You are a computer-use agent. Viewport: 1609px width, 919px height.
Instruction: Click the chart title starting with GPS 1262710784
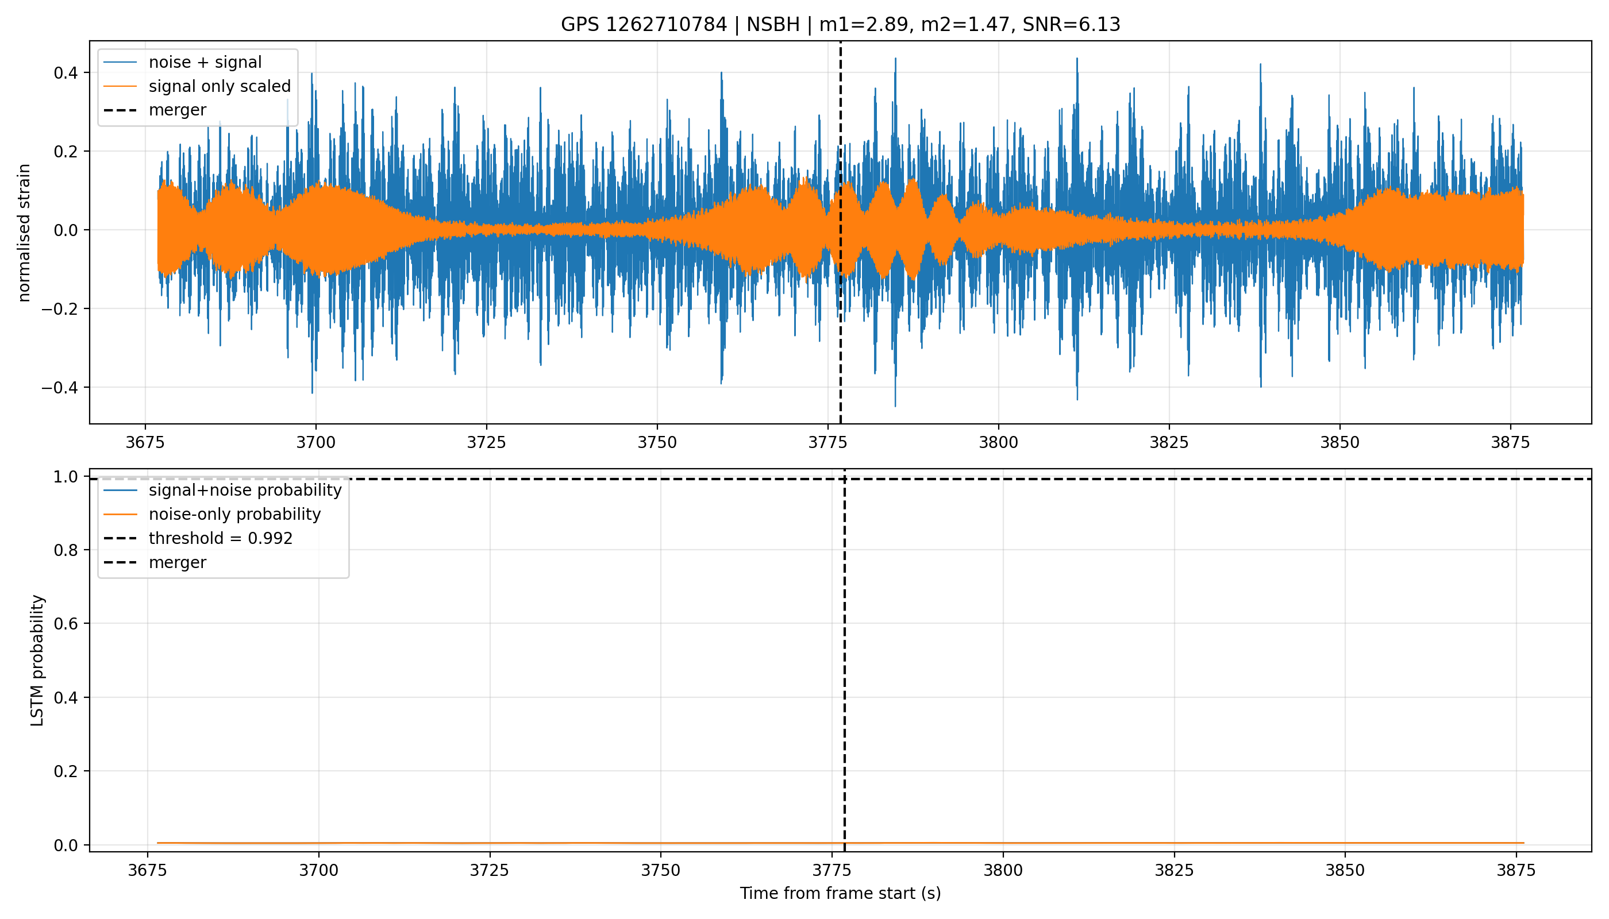pos(841,25)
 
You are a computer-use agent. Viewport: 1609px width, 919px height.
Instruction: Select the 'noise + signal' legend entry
pos(205,62)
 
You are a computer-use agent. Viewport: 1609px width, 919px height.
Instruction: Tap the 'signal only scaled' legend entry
pos(220,86)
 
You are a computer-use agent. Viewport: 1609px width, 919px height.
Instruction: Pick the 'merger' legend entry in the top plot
pos(178,110)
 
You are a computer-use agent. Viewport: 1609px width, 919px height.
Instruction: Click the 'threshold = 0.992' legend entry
pos(221,538)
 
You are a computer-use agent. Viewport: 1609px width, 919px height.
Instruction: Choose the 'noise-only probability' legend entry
pos(235,515)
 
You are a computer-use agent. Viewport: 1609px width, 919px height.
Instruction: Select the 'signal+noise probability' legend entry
pos(245,491)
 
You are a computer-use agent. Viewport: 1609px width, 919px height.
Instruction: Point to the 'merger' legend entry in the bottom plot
pos(178,562)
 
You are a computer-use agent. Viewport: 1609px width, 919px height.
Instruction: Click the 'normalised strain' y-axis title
pos(24,233)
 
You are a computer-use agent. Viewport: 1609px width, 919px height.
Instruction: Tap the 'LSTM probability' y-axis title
pos(37,660)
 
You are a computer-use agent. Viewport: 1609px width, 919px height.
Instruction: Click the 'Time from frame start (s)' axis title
pos(841,893)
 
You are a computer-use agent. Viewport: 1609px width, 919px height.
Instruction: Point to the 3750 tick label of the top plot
pos(657,442)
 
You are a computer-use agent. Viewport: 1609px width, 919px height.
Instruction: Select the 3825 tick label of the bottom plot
pos(1174,870)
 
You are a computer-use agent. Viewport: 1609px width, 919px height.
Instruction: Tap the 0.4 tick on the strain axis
pos(66,72)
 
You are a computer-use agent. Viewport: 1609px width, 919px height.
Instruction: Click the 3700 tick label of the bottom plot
pos(319,870)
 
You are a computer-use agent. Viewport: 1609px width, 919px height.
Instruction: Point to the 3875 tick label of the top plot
pos(1511,442)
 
